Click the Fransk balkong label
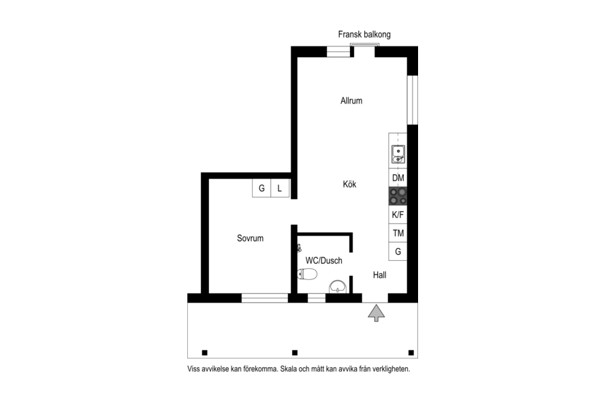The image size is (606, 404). pos(364,35)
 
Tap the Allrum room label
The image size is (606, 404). pos(351,101)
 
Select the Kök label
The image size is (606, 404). pos(349,184)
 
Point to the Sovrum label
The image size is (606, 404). pos(250,238)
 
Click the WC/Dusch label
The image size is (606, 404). pos(324,260)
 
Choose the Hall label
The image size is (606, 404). pos(379,275)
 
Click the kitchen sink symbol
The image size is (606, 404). pos(398,154)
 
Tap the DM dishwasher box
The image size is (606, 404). pos(398,178)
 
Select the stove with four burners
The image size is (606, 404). pos(398,196)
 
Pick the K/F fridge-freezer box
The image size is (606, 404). pos(398,215)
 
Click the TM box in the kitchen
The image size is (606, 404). pos(398,233)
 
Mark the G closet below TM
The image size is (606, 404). pos(398,251)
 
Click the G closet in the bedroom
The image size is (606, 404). pos(261,188)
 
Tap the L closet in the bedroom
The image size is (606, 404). pos(280,188)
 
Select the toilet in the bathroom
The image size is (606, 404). pos(307,274)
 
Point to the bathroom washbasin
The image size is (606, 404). pos(338,287)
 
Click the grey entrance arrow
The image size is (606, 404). pos(376,313)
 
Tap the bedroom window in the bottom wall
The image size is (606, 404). pos(265,298)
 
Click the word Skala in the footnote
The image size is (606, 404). pos(289,369)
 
